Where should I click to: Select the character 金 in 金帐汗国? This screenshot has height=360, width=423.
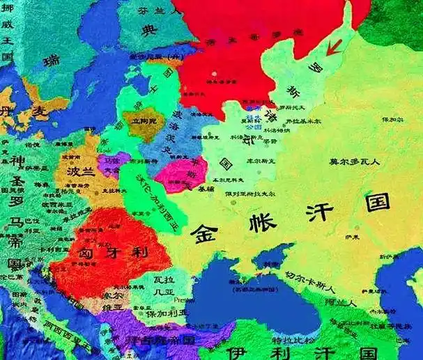coord(209,232)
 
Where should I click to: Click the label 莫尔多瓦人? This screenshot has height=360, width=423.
coord(353,162)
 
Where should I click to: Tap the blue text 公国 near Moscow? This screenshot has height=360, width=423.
coord(253,127)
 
